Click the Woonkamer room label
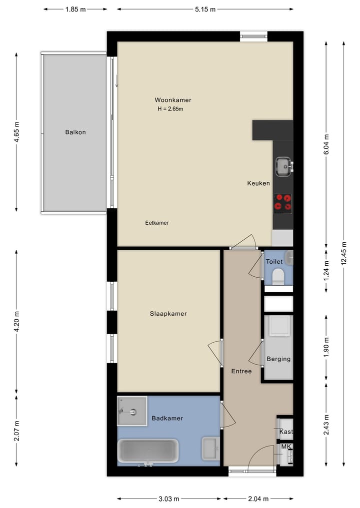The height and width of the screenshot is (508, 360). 173,100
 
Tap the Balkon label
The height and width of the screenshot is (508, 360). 75,132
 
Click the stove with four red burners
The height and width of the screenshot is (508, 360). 283,203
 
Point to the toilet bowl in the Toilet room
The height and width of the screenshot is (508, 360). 278,276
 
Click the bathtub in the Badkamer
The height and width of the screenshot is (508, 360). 148,452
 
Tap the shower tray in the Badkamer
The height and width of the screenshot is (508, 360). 132,412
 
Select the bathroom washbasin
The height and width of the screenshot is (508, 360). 210,448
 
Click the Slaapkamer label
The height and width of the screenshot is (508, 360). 168,314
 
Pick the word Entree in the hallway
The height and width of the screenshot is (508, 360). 241,371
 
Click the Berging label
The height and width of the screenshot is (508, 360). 278,359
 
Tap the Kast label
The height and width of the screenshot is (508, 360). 286,432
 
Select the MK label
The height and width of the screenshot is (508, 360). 286,447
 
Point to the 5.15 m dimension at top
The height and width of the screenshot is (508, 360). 205,9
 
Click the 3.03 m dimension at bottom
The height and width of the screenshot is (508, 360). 168,499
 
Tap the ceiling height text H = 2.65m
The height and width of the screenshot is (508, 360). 170,109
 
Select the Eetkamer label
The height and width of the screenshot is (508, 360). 157,223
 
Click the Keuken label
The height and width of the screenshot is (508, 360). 258,183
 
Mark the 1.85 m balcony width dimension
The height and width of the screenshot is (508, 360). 75,9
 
